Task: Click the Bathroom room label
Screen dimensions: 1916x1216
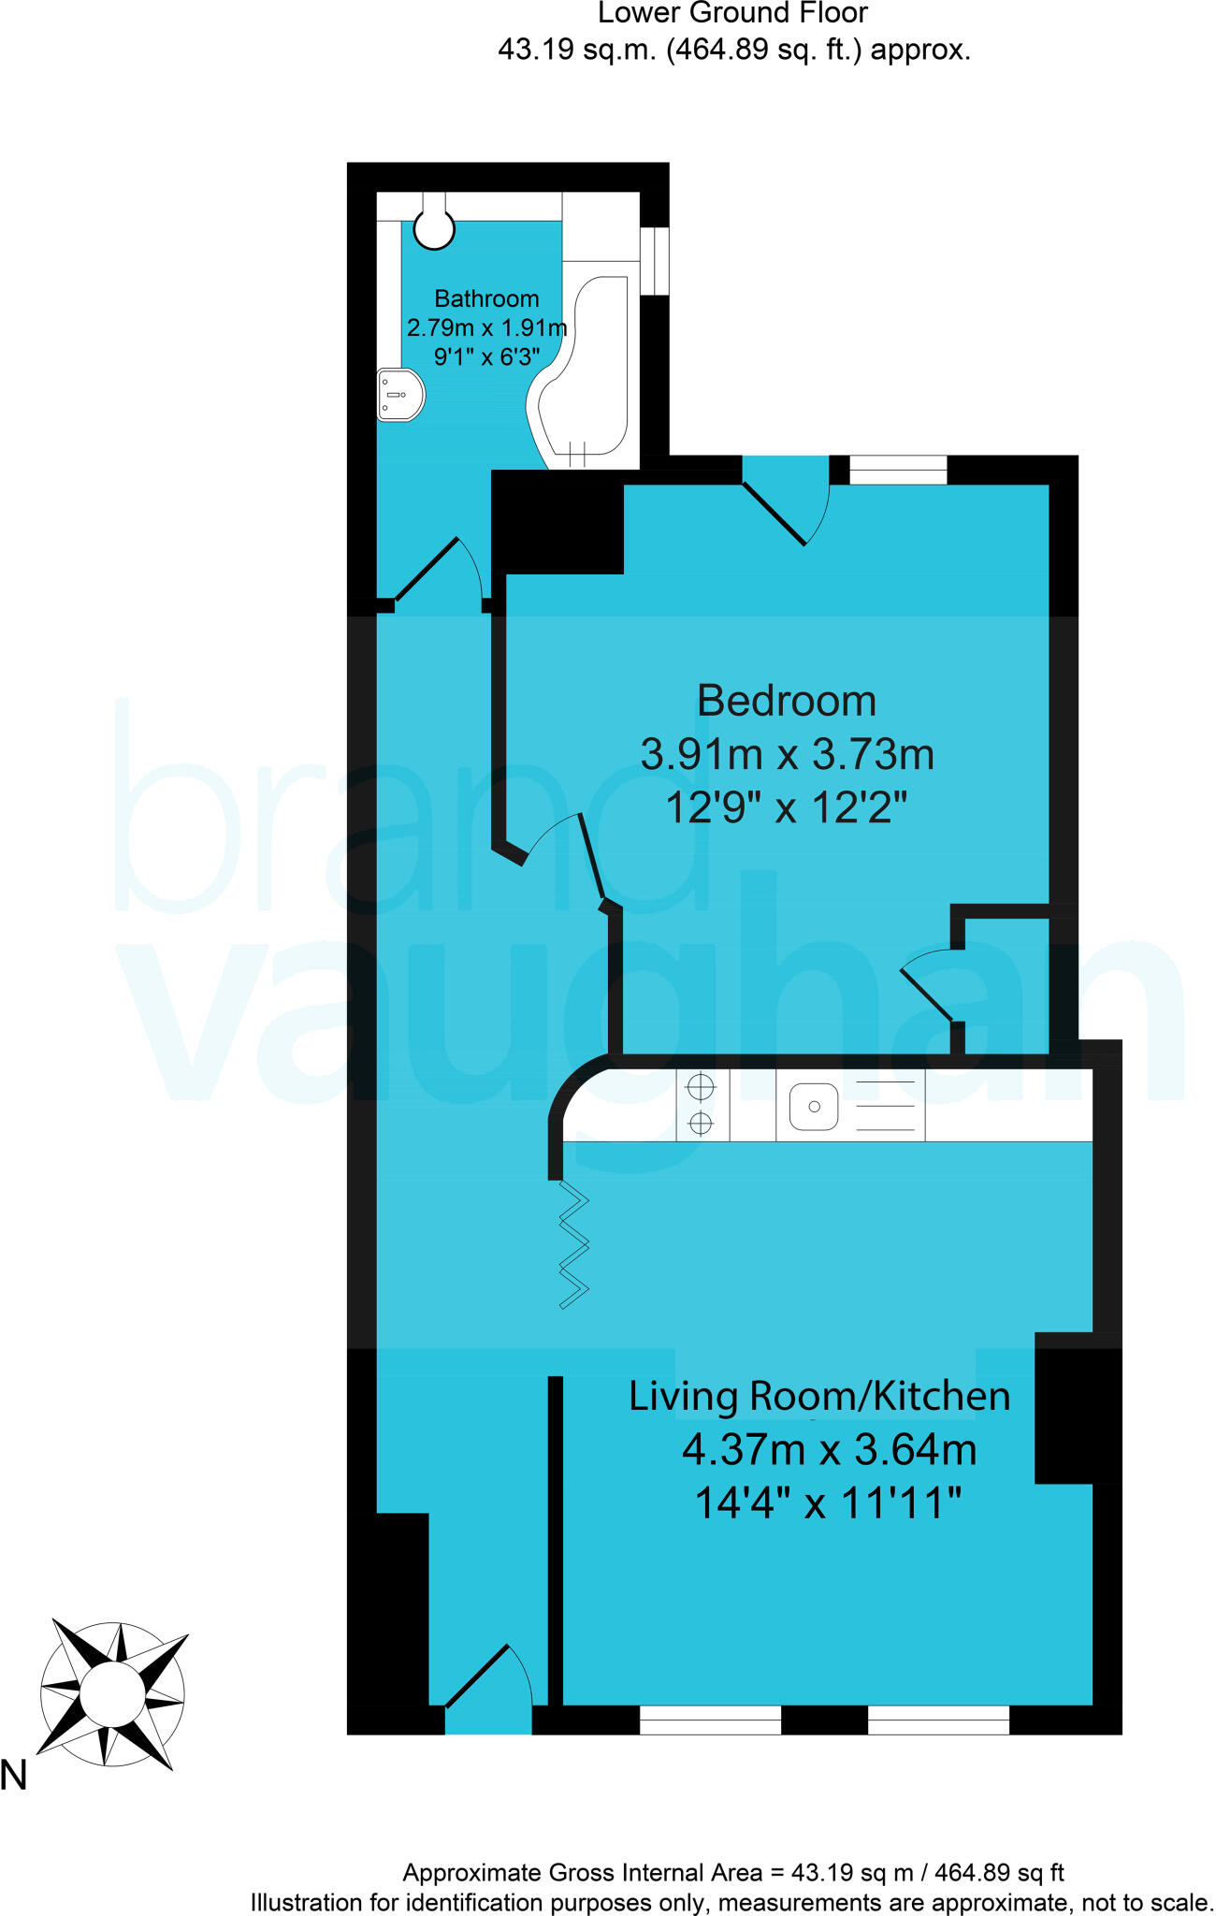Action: (x=486, y=298)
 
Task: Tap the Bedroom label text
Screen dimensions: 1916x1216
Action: (x=787, y=701)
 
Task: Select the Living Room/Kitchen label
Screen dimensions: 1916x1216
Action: (x=819, y=1396)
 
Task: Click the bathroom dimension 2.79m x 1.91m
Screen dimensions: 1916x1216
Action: (x=486, y=327)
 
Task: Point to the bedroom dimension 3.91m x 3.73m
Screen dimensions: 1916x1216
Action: (x=787, y=754)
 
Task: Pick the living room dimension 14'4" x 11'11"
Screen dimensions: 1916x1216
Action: (x=828, y=1504)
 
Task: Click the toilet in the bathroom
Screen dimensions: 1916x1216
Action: (x=434, y=225)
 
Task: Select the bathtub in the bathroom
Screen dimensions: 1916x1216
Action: (x=585, y=374)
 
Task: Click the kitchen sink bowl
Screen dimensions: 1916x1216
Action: (x=814, y=1106)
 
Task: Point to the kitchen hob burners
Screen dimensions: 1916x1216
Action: (x=701, y=1104)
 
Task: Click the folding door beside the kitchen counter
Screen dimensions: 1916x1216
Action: (x=573, y=1244)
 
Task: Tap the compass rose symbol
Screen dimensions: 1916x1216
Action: (x=112, y=1694)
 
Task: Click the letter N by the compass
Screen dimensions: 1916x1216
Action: (x=14, y=1776)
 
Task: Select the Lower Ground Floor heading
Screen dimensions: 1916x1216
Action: (x=732, y=13)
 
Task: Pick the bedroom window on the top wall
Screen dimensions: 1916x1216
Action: (x=898, y=470)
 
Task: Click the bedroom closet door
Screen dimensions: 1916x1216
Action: (x=926, y=992)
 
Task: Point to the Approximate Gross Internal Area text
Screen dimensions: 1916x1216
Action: (x=732, y=1872)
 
